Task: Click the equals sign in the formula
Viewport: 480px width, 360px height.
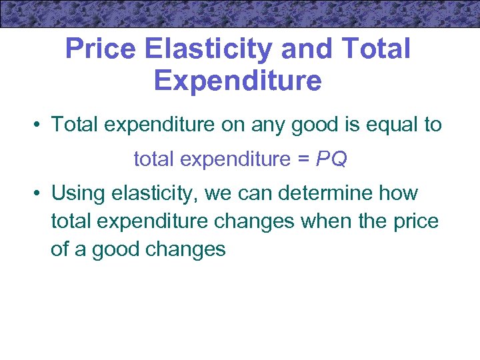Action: click(302, 159)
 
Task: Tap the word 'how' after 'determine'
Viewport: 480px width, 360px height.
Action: click(399, 193)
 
